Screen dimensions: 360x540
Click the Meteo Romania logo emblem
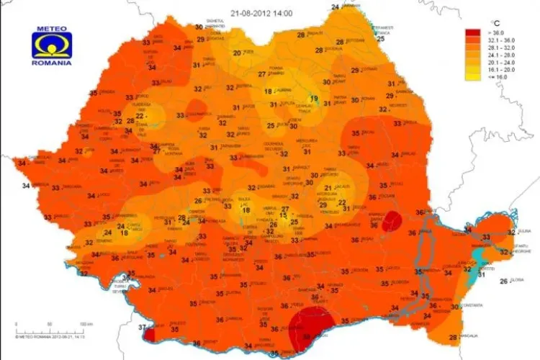point(51,44)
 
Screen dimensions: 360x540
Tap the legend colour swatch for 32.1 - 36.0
point(472,41)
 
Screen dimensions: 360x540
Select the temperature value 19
point(314,99)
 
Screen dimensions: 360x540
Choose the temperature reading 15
point(284,215)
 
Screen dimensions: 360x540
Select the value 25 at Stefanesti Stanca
point(381,38)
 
